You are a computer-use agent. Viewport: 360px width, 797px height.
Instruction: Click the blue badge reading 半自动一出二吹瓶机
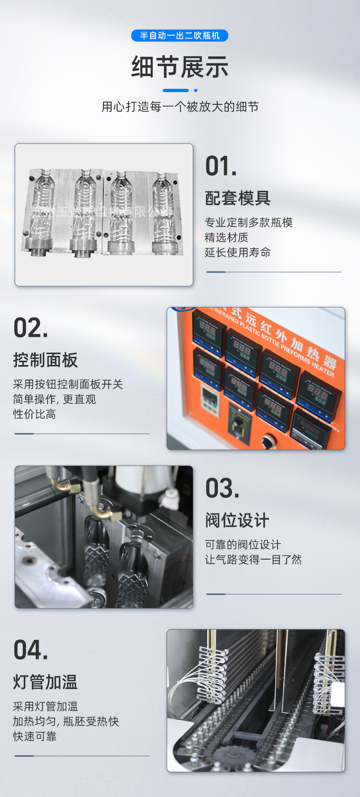point(180,36)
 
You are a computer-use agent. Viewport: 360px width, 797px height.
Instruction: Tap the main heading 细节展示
point(180,67)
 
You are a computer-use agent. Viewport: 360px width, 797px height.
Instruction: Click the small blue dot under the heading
point(195,90)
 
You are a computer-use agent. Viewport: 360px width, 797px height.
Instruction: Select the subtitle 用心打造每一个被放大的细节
point(180,107)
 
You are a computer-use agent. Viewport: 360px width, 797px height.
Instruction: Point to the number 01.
point(221,166)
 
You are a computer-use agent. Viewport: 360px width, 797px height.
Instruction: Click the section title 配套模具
point(237,198)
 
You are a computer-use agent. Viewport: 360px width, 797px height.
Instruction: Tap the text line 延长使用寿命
point(237,252)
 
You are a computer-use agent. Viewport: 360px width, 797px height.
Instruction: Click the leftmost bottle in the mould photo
point(42,205)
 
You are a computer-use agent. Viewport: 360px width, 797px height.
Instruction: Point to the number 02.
point(31,328)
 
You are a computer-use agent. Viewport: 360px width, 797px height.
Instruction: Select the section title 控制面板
point(46,360)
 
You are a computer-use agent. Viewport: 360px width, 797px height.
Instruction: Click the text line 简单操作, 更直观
point(54,399)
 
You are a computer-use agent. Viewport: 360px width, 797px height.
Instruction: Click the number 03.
point(222,488)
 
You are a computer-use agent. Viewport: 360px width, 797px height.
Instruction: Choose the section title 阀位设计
point(237,520)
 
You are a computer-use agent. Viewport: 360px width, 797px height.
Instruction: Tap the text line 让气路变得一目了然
point(253,560)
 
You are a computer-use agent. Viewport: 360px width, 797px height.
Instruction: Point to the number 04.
point(31,650)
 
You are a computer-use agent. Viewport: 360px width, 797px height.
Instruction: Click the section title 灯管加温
point(46,682)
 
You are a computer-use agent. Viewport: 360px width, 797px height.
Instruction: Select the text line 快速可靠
point(35,736)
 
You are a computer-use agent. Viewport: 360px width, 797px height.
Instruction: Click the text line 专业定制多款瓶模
point(248,222)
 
